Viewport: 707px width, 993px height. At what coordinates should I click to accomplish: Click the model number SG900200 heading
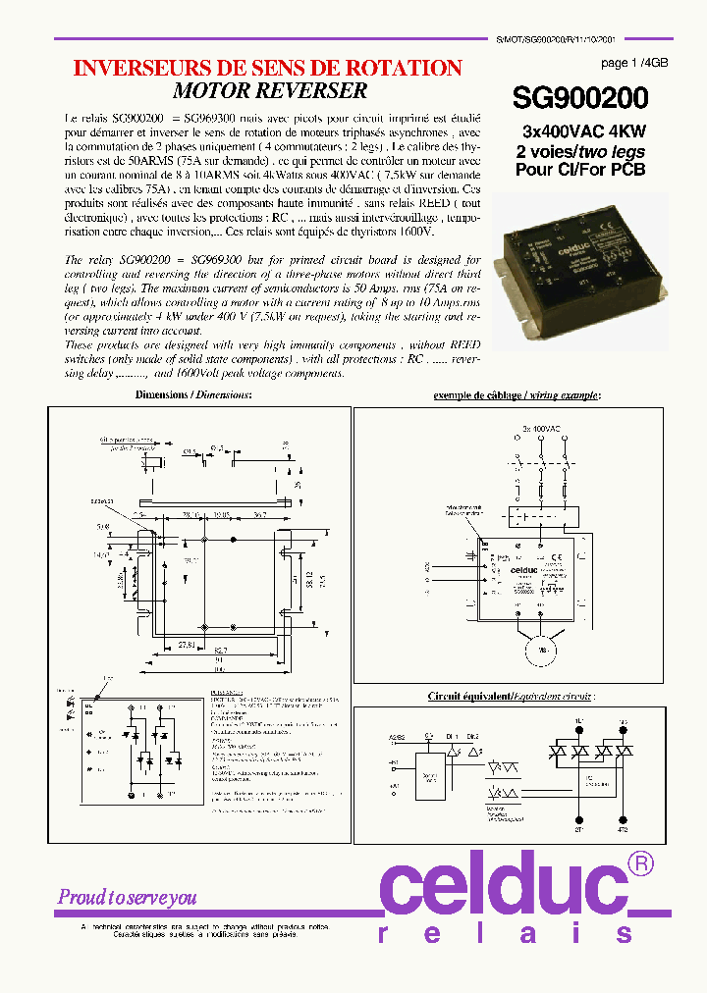[x=580, y=99]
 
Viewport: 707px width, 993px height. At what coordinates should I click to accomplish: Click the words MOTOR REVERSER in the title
[x=270, y=90]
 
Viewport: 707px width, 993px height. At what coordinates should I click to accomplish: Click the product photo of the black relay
[x=586, y=264]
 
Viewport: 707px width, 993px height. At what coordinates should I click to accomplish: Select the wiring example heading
[x=517, y=394]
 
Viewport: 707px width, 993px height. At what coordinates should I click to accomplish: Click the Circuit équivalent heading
[x=510, y=696]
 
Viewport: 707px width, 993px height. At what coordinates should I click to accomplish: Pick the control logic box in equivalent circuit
[x=431, y=775]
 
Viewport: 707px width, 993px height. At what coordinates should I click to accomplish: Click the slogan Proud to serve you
[x=128, y=897]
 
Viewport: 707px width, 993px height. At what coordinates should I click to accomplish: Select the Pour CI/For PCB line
[x=581, y=169]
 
